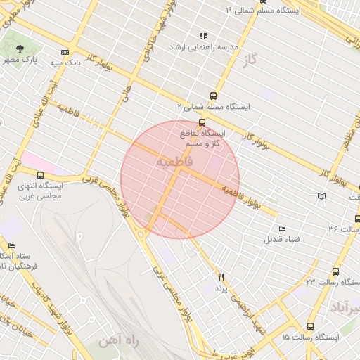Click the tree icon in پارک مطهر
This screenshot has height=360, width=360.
coord(20,49)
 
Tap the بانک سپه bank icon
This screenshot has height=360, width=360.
coord(65,52)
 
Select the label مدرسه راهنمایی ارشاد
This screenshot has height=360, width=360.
coord(204,46)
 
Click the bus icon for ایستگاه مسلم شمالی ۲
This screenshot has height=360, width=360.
coord(213,96)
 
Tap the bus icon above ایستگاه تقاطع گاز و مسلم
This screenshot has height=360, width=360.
coord(203,122)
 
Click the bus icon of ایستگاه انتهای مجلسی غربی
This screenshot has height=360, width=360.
coord(40,175)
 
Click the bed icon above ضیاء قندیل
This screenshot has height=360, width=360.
coord(283,229)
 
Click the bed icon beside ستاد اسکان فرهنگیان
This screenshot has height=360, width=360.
coord(11,245)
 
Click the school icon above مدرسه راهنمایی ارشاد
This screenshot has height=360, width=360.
coord(203,36)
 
